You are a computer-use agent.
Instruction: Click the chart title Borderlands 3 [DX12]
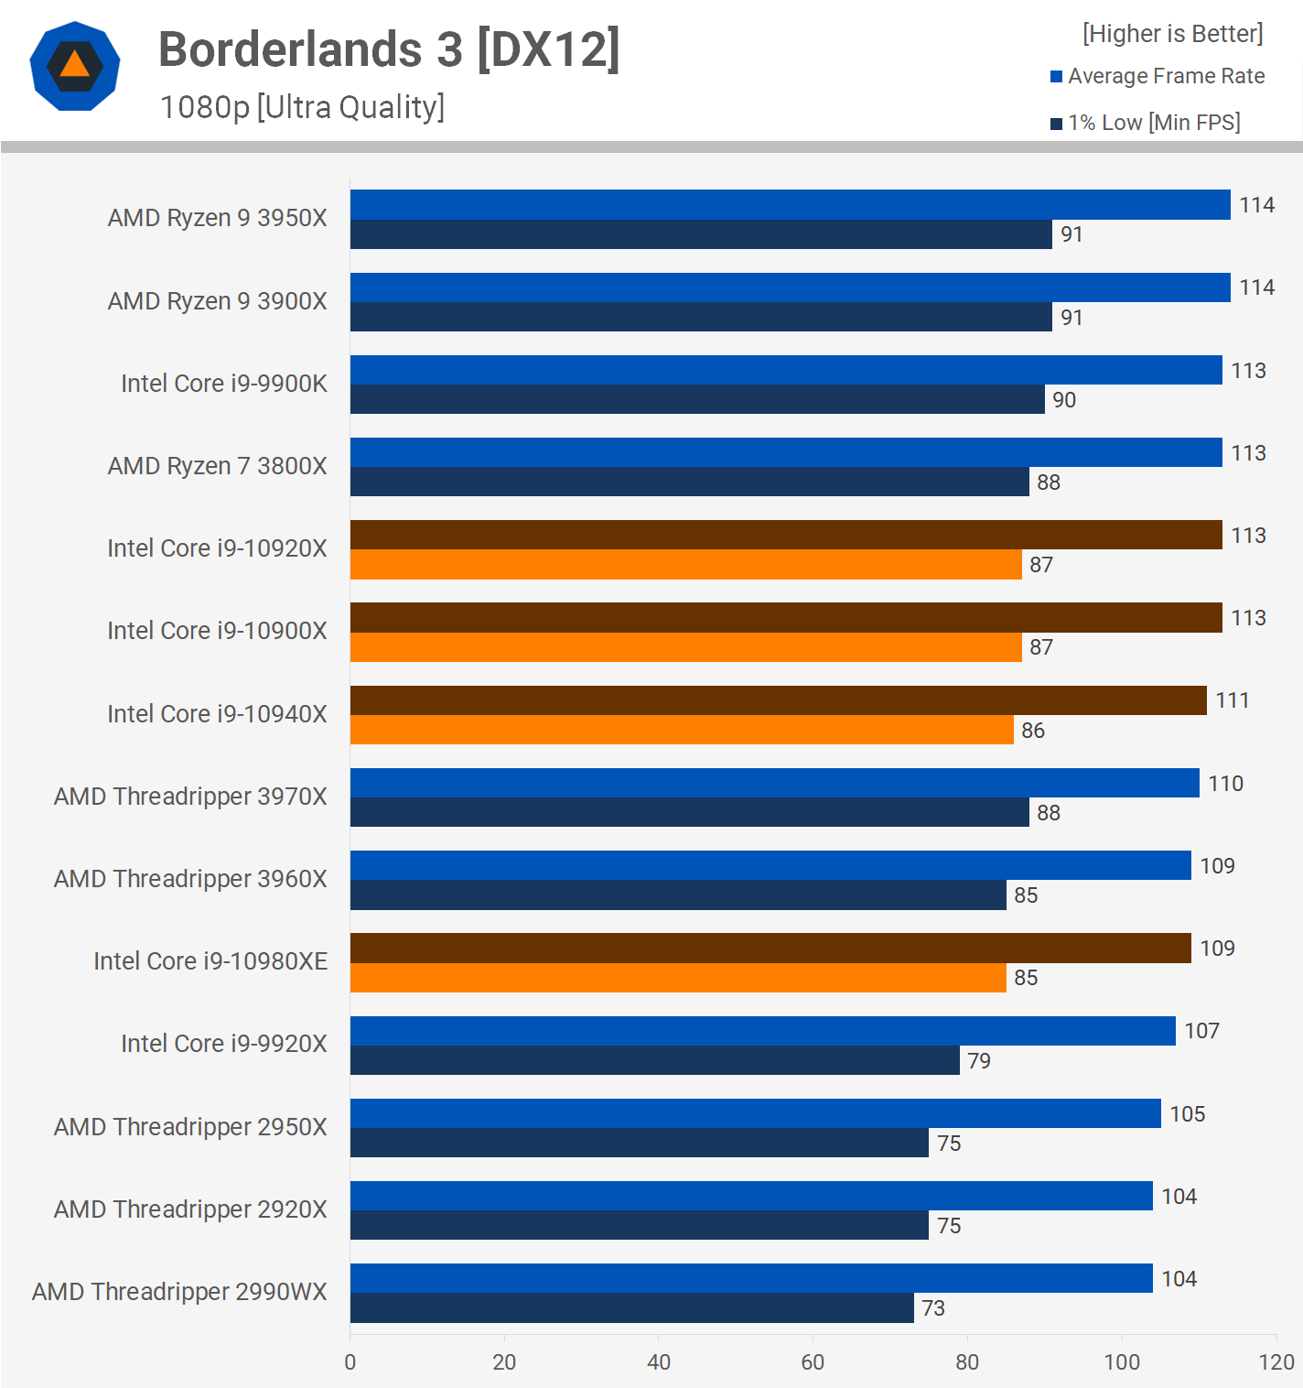(x=389, y=49)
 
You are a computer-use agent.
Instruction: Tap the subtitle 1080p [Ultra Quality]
(x=302, y=107)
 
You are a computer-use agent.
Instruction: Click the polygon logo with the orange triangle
(x=75, y=66)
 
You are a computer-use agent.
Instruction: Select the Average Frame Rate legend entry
(x=1158, y=76)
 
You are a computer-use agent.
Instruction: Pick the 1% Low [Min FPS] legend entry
(x=1146, y=123)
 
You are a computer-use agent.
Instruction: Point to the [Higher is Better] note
(x=1172, y=34)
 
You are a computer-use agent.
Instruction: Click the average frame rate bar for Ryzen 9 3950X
(x=790, y=204)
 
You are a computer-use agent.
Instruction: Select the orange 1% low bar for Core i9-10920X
(x=685, y=565)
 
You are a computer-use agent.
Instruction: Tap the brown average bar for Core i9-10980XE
(x=770, y=948)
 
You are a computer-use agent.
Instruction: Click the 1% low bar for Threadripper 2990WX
(x=631, y=1307)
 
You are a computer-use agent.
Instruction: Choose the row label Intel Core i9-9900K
(x=224, y=383)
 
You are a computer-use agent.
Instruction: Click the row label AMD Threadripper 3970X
(x=190, y=796)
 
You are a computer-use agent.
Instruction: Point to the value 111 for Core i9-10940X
(x=1232, y=700)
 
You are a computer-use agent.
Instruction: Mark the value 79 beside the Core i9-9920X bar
(x=979, y=1060)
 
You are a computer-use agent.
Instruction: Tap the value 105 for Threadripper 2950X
(x=1187, y=1113)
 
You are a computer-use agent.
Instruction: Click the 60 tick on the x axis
(x=813, y=1361)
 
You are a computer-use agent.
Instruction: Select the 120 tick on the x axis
(x=1276, y=1361)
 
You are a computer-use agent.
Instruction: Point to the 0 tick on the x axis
(x=350, y=1361)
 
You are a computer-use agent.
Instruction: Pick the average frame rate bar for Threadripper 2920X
(x=751, y=1196)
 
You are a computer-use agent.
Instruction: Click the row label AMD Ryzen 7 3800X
(x=217, y=465)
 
